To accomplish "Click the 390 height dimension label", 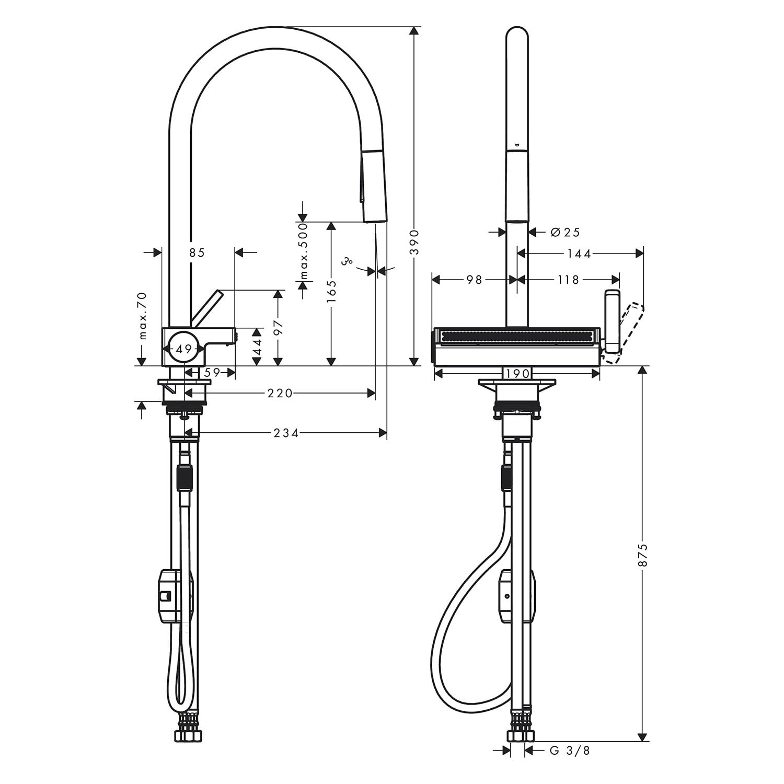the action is (x=414, y=243).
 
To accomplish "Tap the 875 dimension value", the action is (x=643, y=555).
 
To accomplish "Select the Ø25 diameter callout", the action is (x=565, y=232).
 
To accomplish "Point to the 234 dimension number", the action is (x=285, y=433).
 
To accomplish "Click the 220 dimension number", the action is (x=280, y=393).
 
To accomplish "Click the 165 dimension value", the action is (x=330, y=292).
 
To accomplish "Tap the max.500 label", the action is (x=303, y=254).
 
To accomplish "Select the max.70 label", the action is (x=143, y=316).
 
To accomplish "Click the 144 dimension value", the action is (x=579, y=253).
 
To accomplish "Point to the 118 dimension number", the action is (x=568, y=280).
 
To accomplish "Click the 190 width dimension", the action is (x=518, y=373).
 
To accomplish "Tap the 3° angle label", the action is (x=346, y=261).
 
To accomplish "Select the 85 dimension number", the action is (x=197, y=253).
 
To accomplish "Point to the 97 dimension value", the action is (x=278, y=327).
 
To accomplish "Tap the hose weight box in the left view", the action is (x=175, y=595).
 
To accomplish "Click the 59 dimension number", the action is (x=211, y=373).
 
